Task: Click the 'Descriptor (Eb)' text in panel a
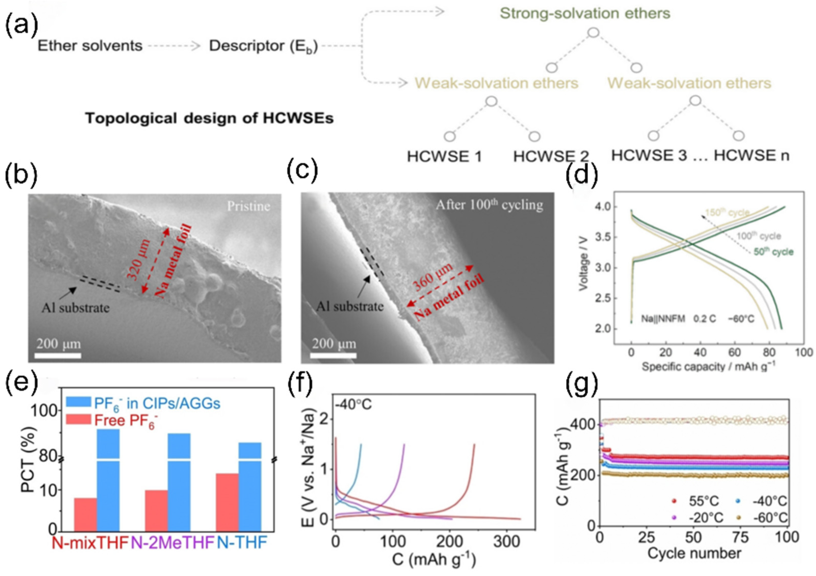tap(263, 46)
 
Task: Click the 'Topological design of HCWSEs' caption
tap(209, 118)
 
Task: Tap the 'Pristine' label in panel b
tap(248, 206)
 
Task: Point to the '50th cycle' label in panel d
tap(773, 252)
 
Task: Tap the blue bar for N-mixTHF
tap(108, 480)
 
